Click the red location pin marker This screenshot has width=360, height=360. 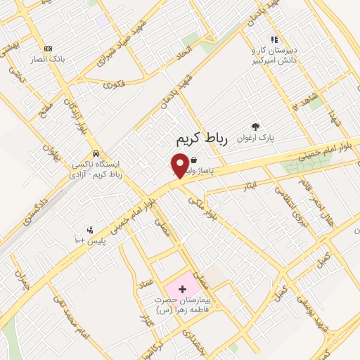pyautogui.click(x=179, y=165)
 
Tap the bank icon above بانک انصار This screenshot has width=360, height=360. pyautogui.click(x=48, y=49)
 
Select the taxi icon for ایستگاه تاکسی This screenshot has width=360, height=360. pyautogui.click(x=94, y=154)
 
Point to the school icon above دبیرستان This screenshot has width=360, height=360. pyautogui.click(x=274, y=41)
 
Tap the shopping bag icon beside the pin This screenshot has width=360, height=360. pyautogui.click(x=193, y=160)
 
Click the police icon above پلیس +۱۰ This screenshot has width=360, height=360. pyautogui.click(x=89, y=229)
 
